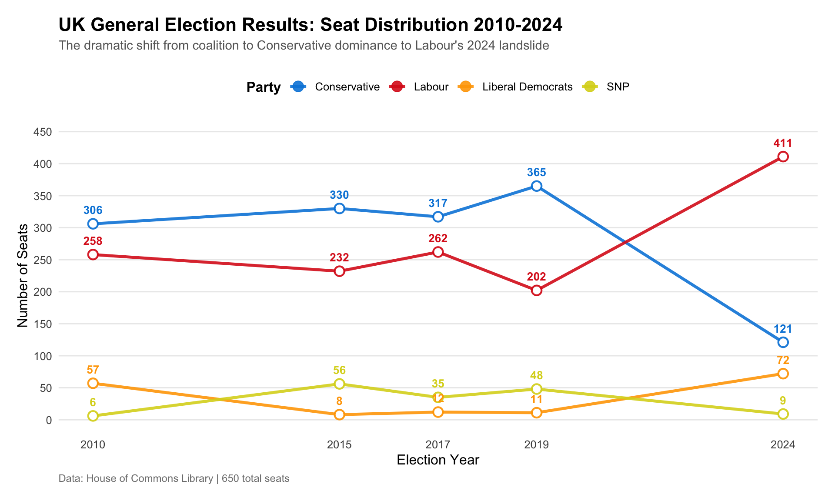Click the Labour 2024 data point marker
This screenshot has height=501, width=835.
pyautogui.click(x=783, y=157)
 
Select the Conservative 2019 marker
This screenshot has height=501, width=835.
pyautogui.click(x=537, y=186)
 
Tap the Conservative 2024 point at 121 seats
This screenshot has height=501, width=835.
pyautogui.click(x=783, y=342)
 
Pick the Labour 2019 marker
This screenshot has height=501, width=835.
pyautogui.click(x=537, y=291)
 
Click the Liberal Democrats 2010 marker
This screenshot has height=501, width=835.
pyautogui.click(x=93, y=383)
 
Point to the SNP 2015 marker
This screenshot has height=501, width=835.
pyautogui.click(x=340, y=384)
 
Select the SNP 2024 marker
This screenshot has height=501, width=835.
pyautogui.click(x=783, y=414)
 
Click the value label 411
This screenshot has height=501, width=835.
pyautogui.click(x=783, y=143)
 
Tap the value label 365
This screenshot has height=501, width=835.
pyautogui.click(x=537, y=173)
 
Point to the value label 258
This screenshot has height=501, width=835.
pyautogui.click(x=93, y=241)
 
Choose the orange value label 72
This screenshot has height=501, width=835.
pyautogui.click(x=783, y=360)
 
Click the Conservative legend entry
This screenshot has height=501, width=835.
pyautogui.click(x=347, y=87)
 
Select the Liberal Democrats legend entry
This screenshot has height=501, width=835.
pyautogui.click(x=527, y=87)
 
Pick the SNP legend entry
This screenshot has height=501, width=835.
pyautogui.click(x=618, y=87)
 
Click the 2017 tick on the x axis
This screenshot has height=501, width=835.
pyautogui.click(x=438, y=444)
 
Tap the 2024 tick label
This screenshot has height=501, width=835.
pyautogui.click(x=783, y=444)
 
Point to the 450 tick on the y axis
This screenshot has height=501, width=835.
pyautogui.click(x=43, y=132)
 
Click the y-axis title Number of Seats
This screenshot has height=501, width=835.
pyautogui.click(x=23, y=276)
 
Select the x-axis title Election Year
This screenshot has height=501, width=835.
pyautogui.click(x=438, y=460)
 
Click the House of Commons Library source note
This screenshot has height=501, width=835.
pyautogui.click(x=174, y=479)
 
